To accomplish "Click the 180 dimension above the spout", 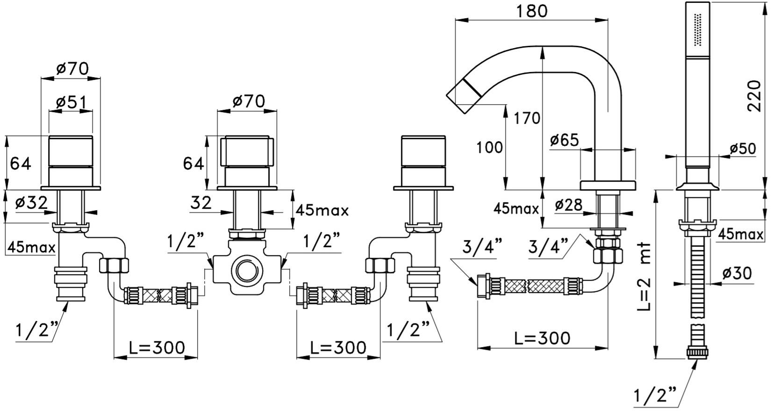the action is tap(532, 11).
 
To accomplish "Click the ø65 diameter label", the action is tap(564, 140).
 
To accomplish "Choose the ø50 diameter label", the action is tap(743, 149).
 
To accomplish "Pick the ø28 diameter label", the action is tap(569, 205).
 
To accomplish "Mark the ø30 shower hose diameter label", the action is tap(737, 273).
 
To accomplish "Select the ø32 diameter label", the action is tap(31, 203).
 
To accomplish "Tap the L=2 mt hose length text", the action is tap(643, 277).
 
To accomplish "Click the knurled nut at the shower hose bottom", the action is tap(697, 353).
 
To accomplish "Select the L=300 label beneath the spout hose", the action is tap(543, 338).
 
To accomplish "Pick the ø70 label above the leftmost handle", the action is tap(72, 69).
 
